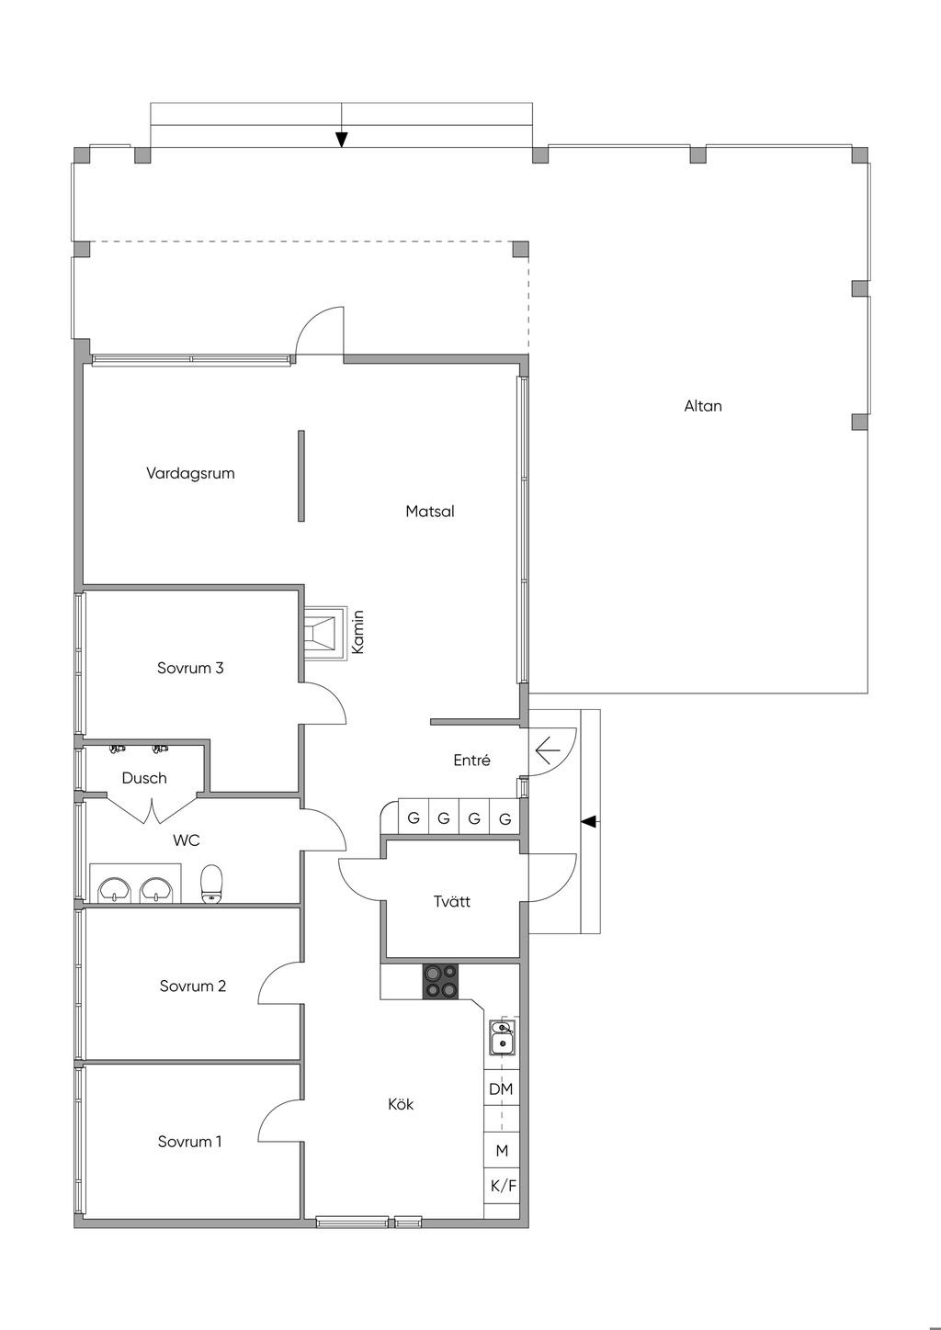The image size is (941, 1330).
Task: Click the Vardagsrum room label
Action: [190, 474]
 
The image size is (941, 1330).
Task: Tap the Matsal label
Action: [429, 512]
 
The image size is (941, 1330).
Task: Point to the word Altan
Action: [703, 406]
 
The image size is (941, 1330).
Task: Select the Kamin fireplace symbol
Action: [324, 633]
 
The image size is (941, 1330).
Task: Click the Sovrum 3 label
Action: [190, 668]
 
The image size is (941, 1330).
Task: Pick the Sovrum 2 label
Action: [192, 986]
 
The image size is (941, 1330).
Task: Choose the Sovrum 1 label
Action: [189, 1141]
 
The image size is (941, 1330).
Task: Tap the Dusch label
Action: [143, 778]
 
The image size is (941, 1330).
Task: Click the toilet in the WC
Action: [211, 885]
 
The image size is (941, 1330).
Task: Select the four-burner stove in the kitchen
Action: [440, 981]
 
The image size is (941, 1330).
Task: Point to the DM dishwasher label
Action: [501, 1089]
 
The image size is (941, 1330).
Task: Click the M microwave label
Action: [502, 1151]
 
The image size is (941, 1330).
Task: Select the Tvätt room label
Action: [451, 902]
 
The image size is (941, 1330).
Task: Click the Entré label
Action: [471, 760]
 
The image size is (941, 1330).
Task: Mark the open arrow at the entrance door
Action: [548, 751]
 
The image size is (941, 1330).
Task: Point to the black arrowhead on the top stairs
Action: [341, 139]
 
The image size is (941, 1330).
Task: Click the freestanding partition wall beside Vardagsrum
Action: [301, 476]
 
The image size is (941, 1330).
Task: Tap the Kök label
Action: [401, 1104]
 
